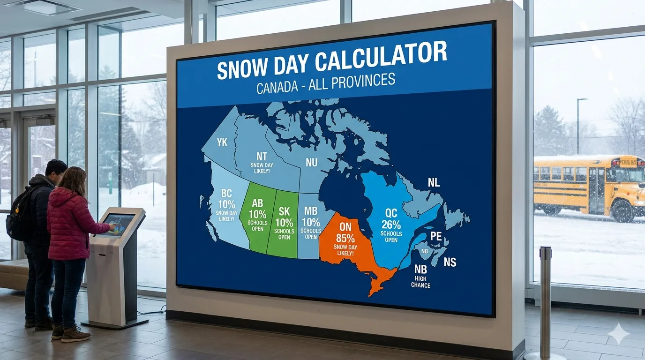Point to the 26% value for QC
pos(391,224)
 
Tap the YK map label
pos(222,142)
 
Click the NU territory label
pos(311,162)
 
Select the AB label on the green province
pos(257,203)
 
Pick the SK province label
pos(284,211)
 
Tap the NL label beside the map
pos(434,183)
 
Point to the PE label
pos(436,236)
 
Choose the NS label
pos(450,262)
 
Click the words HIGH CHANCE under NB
pos(420,282)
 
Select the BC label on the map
pos(226,194)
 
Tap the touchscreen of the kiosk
pos(118,224)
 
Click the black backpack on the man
pos(18,215)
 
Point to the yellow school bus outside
pos(589,185)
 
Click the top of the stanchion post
pos(545,250)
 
